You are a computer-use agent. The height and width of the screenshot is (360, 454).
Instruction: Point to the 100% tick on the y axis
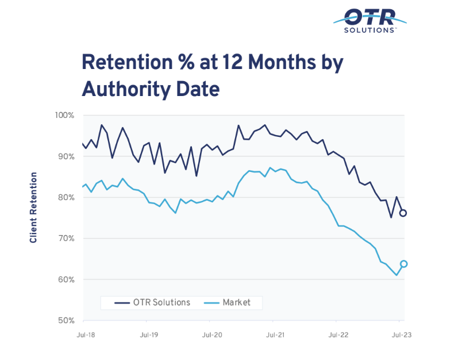click(x=66, y=116)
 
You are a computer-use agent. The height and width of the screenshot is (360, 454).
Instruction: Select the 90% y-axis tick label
click(x=67, y=156)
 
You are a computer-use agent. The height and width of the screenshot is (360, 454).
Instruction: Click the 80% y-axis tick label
click(x=67, y=197)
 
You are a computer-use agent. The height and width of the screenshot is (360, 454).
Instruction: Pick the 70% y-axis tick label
click(x=67, y=238)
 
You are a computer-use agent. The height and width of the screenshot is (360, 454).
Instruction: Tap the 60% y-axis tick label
click(x=67, y=279)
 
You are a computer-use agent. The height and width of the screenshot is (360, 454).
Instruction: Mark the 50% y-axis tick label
click(x=67, y=320)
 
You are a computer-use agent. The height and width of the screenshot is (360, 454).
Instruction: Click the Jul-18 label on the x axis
click(x=84, y=334)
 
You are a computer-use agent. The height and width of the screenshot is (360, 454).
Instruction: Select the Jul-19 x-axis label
click(x=149, y=334)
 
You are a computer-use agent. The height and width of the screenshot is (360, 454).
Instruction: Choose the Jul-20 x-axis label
click(x=213, y=334)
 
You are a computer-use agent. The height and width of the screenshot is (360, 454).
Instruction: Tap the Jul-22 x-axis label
click(x=339, y=334)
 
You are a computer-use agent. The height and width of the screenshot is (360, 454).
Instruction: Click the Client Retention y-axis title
click(x=34, y=207)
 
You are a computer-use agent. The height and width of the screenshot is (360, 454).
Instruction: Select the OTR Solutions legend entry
click(x=152, y=302)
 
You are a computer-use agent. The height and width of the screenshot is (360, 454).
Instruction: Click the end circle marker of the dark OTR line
click(x=403, y=213)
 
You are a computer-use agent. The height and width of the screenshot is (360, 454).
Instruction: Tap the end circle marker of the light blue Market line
click(x=404, y=264)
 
